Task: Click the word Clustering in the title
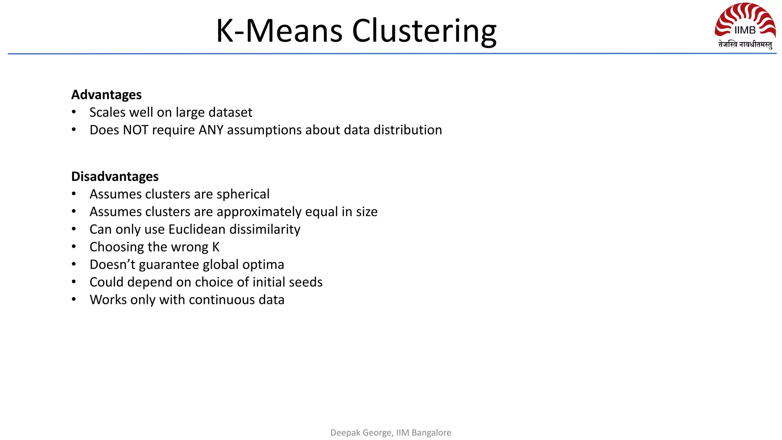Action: click(x=424, y=31)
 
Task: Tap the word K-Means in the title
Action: click(x=279, y=31)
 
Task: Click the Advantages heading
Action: click(x=107, y=95)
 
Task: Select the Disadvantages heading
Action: click(x=115, y=176)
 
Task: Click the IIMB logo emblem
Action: click(x=745, y=21)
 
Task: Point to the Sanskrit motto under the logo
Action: click(x=745, y=45)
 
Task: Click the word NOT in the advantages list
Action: click(x=136, y=130)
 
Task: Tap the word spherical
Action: click(x=243, y=194)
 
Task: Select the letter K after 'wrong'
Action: click(x=216, y=247)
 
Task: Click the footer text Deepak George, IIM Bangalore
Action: click(x=391, y=432)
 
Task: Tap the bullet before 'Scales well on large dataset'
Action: click(x=74, y=112)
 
